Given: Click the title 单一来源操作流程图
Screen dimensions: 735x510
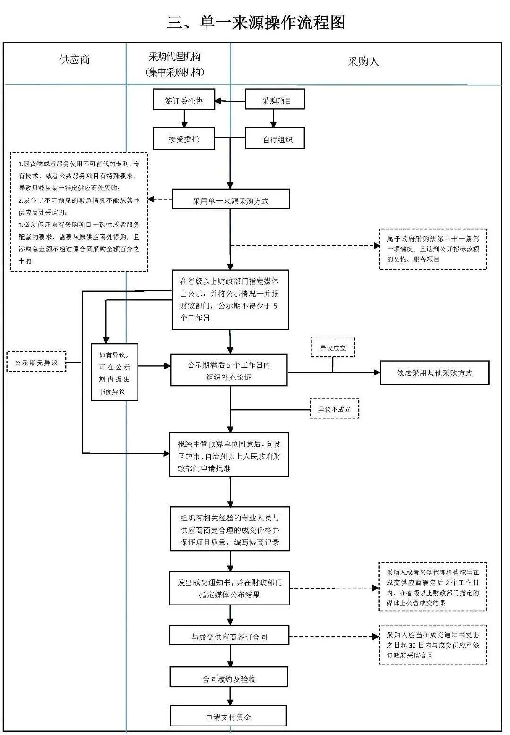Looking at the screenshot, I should tap(255, 22).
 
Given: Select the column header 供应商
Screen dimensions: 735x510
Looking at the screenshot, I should tap(74, 60).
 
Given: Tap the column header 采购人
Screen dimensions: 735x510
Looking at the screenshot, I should tap(363, 61).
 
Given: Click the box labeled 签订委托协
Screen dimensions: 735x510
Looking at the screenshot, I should tap(184, 101).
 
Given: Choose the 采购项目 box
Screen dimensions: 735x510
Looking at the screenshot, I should tap(275, 101).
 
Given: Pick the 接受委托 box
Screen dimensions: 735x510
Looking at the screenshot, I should tap(184, 139).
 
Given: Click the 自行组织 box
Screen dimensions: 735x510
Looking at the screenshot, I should tap(275, 139).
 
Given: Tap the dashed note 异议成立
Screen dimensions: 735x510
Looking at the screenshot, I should tap(333, 348).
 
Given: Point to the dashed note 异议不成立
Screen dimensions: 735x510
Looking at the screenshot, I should tap(334, 409).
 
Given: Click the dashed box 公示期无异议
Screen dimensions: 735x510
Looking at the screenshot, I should tap(36, 363).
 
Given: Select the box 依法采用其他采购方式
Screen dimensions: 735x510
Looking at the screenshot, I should tap(434, 373).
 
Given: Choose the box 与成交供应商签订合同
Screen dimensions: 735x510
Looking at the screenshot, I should tap(229, 636).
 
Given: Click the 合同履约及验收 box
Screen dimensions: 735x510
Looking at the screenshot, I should tap(229, 679).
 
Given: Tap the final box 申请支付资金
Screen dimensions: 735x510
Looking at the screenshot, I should tap(229, 717).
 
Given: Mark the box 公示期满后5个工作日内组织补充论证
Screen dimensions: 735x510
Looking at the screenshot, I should tap(229, 372).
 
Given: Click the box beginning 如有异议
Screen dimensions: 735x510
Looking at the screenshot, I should tap(114, 372).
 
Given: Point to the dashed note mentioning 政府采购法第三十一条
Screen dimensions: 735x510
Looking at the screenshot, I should tap(432, 249).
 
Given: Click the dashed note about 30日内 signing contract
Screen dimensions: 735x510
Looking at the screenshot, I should tap(432, 645).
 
